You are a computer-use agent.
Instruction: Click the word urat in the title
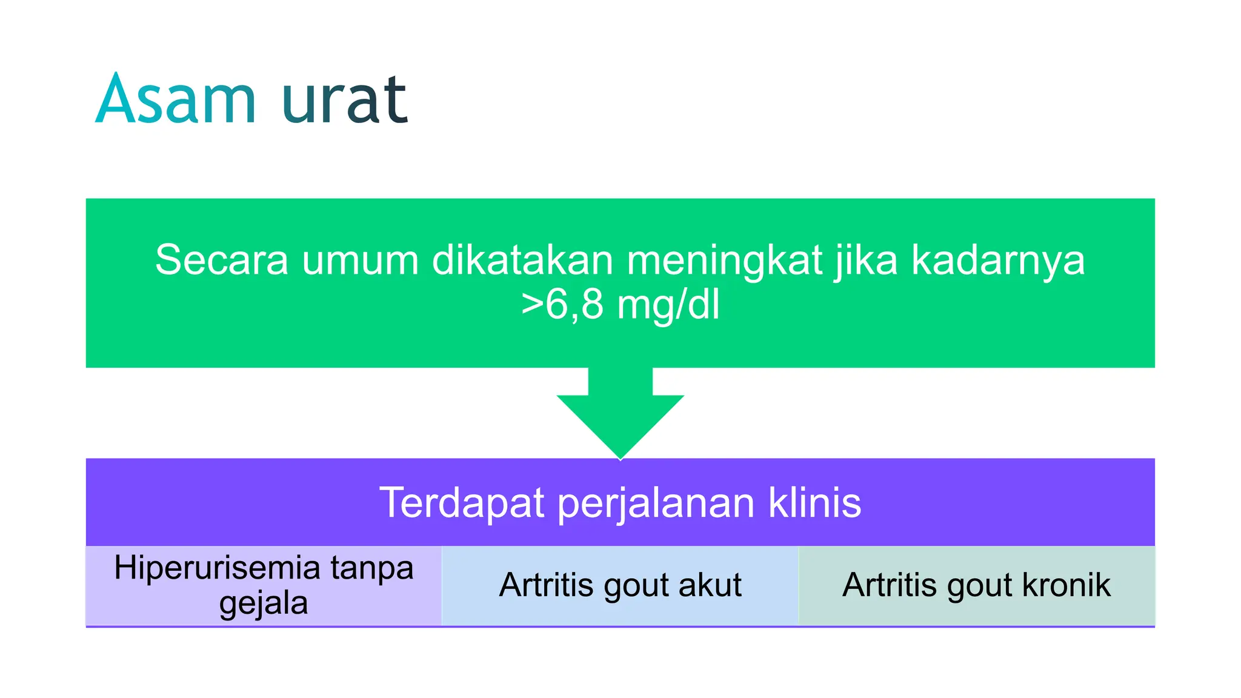click(x=344, y=100)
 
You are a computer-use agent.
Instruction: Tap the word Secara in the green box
click(x=222, y=260)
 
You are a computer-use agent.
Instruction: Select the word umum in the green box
click(x=361, y=261)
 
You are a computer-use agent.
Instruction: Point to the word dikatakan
click(x=522, y=261)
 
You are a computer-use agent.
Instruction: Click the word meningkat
click(x=724, y=261)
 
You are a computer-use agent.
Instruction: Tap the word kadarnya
click(x=998, y=261)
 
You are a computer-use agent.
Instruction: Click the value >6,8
click(x=562, y=304)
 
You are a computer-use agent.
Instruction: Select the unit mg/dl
click(x=668, y=304)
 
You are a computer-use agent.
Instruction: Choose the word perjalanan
click(x=656, y=504)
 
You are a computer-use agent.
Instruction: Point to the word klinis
click(x=815, y=502)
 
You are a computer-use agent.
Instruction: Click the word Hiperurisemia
click(x=217, y=568)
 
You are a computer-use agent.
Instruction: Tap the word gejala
click(x=264, y=603)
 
